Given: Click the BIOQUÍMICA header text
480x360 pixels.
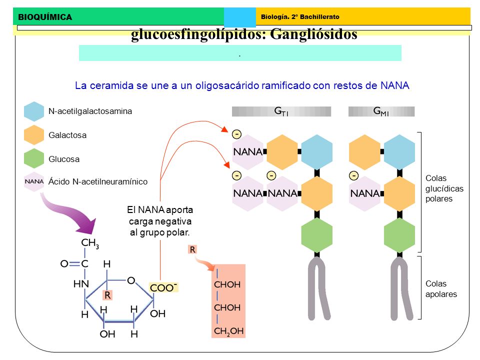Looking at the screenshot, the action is click(x=45, y=17).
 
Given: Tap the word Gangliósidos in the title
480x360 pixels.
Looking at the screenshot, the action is click(x=313, y=34).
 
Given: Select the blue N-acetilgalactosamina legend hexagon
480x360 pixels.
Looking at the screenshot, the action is click(x=34, y=111).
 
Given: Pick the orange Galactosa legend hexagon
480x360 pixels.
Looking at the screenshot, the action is click(x=34, y=135).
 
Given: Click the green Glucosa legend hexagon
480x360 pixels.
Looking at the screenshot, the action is click(x=34, y=158).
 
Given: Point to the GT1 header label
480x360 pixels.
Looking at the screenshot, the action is click(x=281, y=111).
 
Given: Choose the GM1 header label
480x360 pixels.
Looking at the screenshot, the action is click(x=381, y=111).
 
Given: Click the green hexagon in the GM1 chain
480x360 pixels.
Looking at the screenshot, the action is click(x=399, y=235).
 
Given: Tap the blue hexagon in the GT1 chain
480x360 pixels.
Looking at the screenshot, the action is click(x=317, y=152).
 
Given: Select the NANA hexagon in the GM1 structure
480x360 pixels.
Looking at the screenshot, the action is click(x=365, y=193).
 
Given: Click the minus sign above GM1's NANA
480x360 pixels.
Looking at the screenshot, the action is click(x=354, y=175).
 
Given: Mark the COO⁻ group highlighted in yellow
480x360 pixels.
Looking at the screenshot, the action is click(x=163, y=287).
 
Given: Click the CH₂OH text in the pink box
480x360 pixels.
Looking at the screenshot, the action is click(x=228, y=331).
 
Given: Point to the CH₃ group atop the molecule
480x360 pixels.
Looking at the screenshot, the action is click(x=90, y=243).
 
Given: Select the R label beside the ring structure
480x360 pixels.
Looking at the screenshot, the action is click(x=107, y=295).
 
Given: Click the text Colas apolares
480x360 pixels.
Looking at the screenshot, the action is click(x=441, y=289).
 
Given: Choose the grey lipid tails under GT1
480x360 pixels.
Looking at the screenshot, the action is click(x=318, y=288).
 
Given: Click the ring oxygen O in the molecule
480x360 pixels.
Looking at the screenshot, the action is click(x=131, y=280).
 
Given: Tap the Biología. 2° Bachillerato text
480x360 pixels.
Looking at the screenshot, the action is click(x=300, y=17).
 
